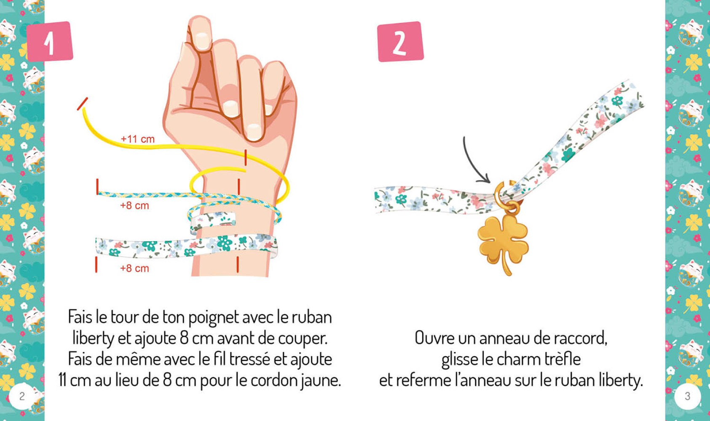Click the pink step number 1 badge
pos(50,41)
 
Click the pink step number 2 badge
pos(400,42)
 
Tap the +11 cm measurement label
pos(137,139)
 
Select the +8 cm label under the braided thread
pos(134,205)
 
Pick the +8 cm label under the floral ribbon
pos(134,268)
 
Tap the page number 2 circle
pos(22,396)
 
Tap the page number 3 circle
pos(687,396)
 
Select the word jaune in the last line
pos(320,381)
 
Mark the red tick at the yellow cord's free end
pos(83,104)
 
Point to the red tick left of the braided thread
pos(97,187)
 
